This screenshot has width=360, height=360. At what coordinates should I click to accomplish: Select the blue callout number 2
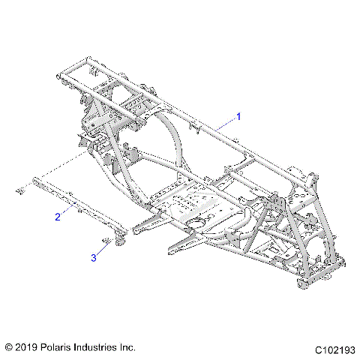pyautogui.click(x=57, y=217)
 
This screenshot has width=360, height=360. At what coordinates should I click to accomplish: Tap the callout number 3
pyautogui.click(x=94, y=257)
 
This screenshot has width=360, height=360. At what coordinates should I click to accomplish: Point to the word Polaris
pyautogui.click(x=62, y=347)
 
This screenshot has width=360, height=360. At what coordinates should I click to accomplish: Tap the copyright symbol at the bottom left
pyautogui.click(x=9, y=347)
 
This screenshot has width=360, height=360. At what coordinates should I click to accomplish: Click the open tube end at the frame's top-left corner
pyautogui.click(x=60, y=75)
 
